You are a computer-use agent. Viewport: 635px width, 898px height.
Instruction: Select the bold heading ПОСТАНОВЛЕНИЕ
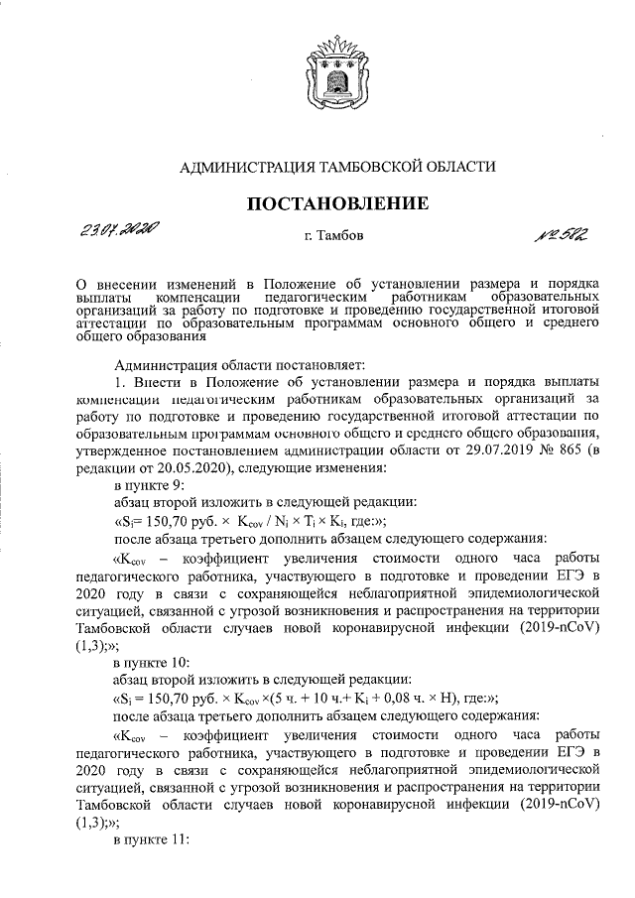[337, 204]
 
